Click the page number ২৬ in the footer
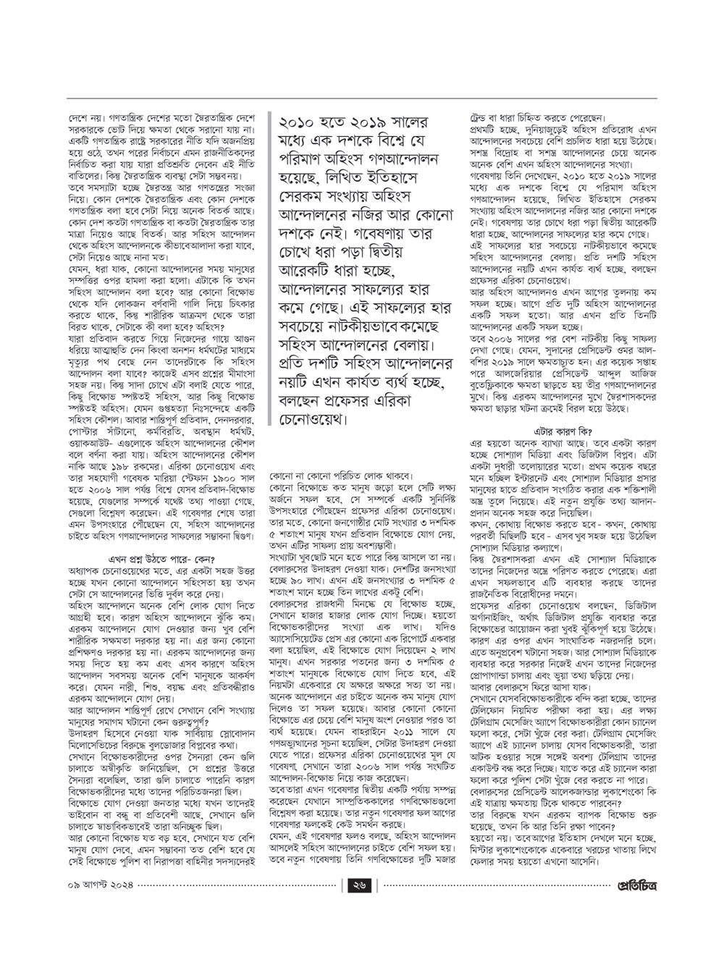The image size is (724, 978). coord(359,904)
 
